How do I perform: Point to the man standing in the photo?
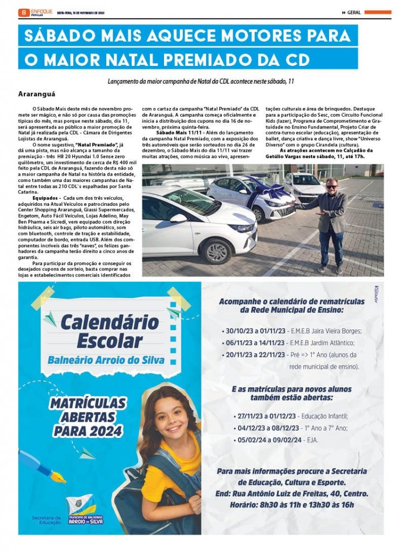330,221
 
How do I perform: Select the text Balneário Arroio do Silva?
105,360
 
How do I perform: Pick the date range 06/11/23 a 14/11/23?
256,343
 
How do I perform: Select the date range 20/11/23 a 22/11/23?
256,355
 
